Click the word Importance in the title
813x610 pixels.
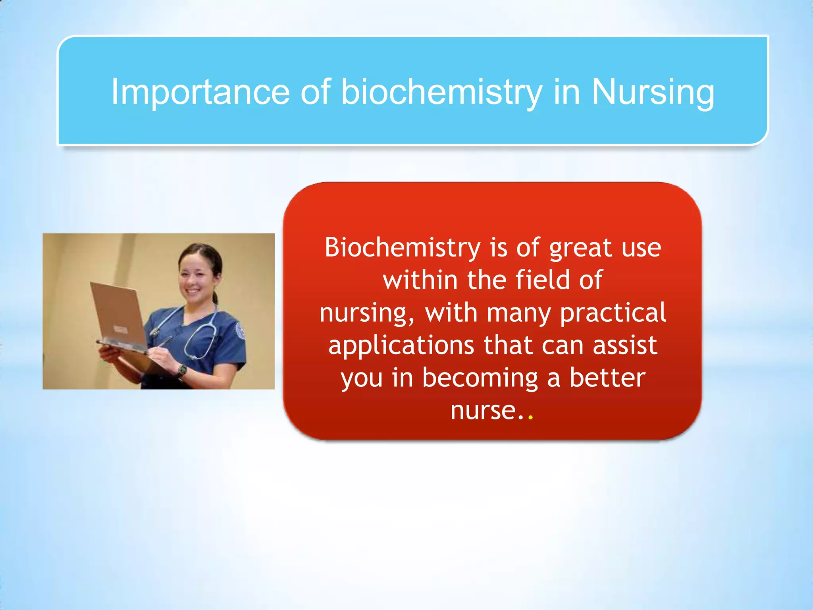pyautogui.click(x=200, y=92)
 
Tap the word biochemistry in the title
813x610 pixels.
pyautogui.click(x=441, y=92)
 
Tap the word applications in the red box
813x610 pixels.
pyautogui.click(x=401, y=346)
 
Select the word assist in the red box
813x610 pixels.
pyautogui.click(x=625, y=346)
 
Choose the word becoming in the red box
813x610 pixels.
pyautogui.click(x=480, y=378)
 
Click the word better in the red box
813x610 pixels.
pyautogui.click(x=607, y=378)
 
